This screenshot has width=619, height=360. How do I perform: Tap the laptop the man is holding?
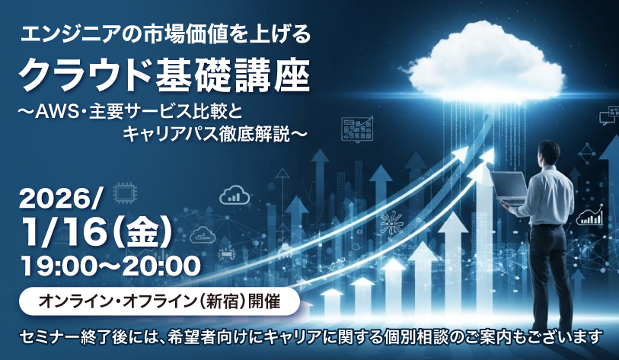coord(509,188)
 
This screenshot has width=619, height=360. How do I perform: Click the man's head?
coord(549,152)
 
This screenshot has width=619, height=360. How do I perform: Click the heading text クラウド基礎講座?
coord(164,76)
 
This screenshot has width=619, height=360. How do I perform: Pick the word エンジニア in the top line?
coord(65,35)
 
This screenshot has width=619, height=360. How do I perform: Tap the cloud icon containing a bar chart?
coord(235,195)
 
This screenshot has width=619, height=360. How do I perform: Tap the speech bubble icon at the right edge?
coord(609,116)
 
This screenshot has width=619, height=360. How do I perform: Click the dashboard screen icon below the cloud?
coord(357,129)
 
